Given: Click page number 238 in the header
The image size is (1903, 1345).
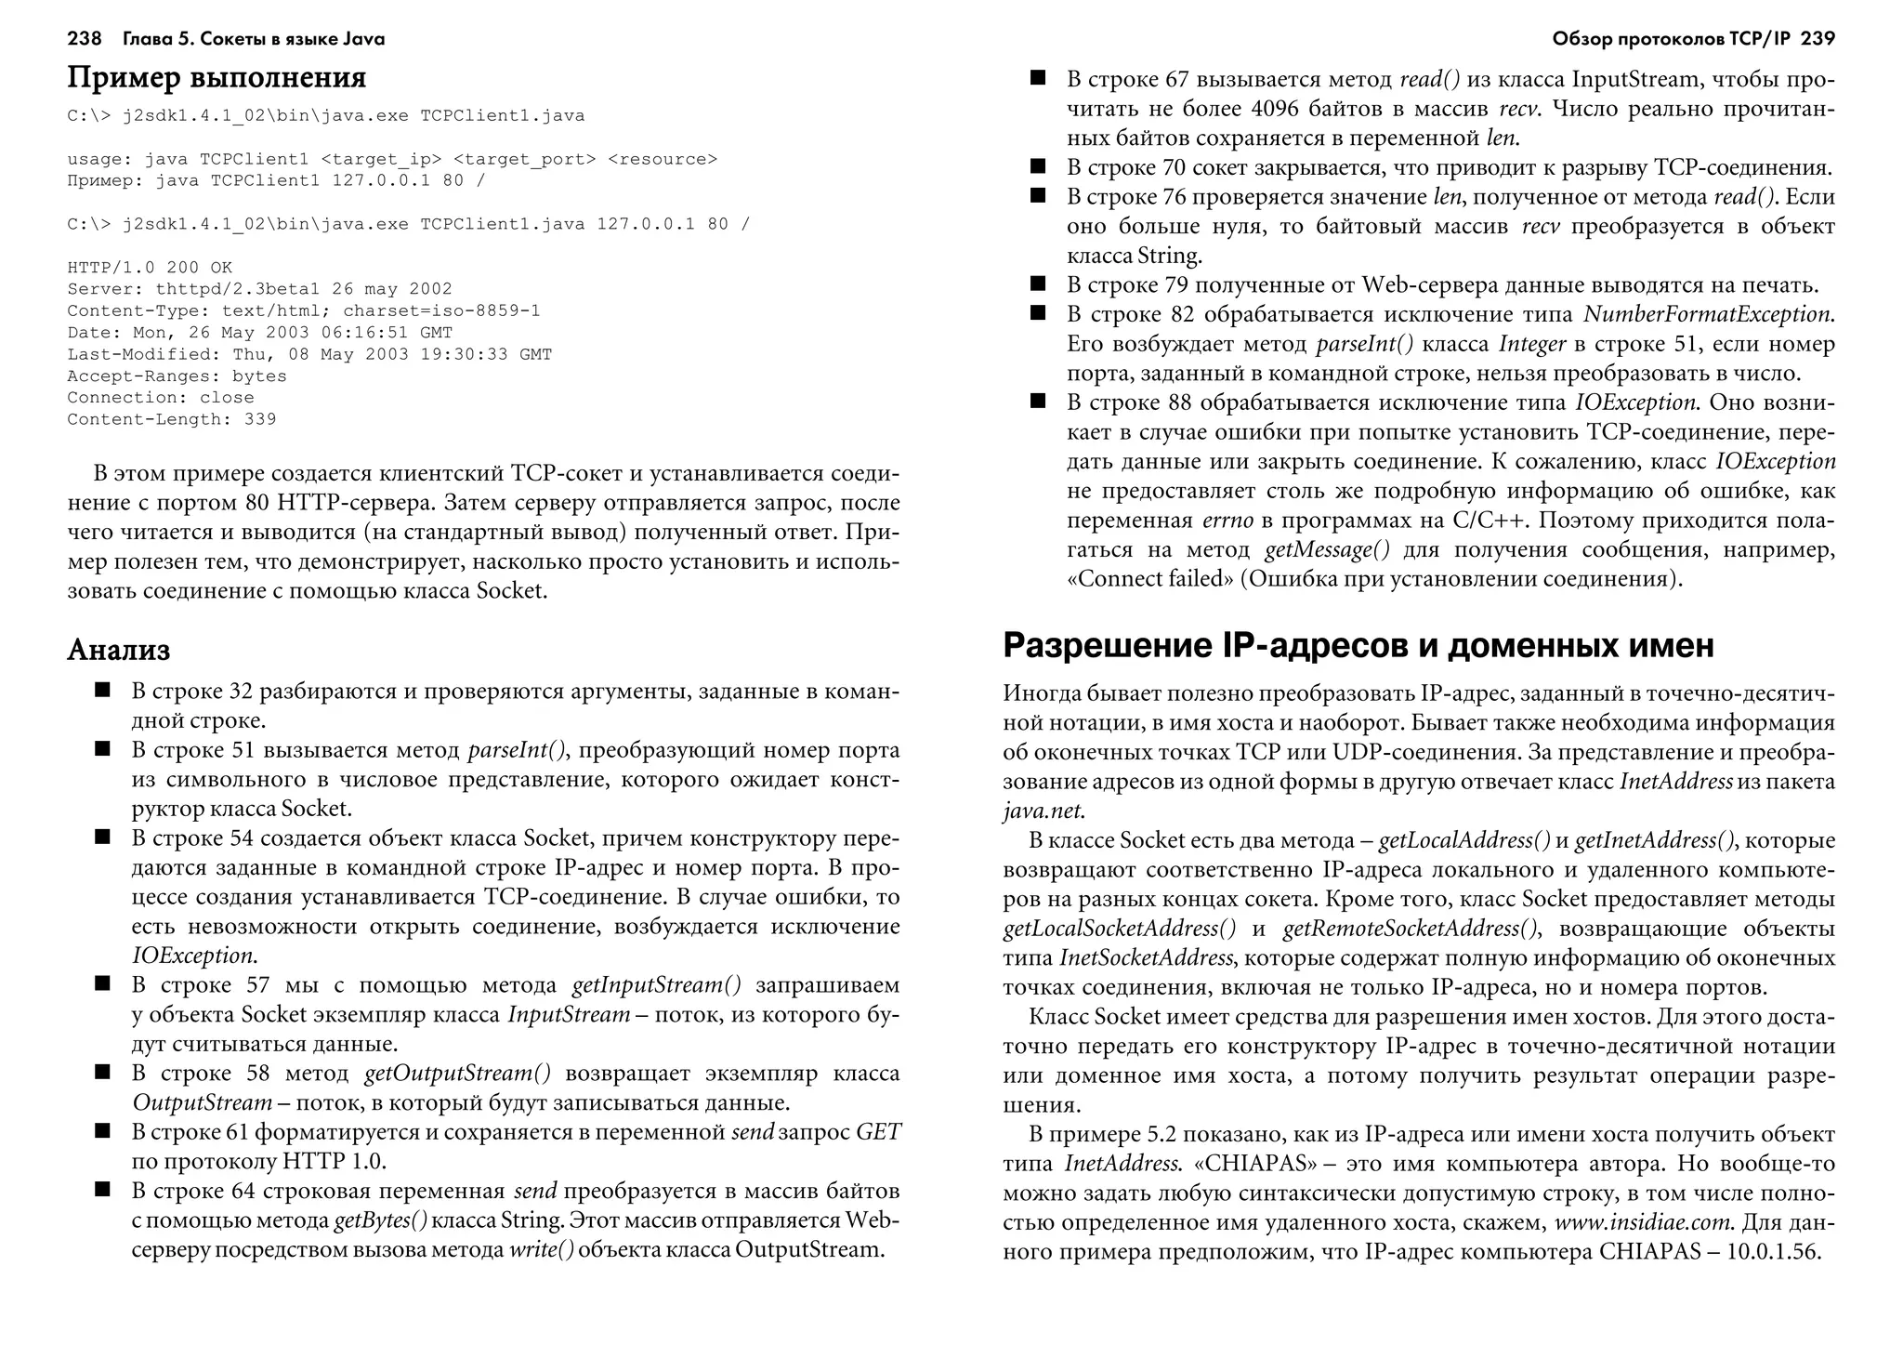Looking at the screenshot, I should point(84,39).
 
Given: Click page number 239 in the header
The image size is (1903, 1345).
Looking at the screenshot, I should point(1817,39).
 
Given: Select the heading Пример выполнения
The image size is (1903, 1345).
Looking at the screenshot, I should point(217,77).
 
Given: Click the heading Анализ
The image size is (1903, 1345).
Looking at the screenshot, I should point(118,649).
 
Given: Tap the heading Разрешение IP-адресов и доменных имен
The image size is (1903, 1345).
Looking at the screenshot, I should point(1358,645).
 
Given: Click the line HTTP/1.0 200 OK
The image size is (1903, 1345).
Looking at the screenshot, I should point(150,268).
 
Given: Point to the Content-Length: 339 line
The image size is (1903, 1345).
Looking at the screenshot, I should point(171,419).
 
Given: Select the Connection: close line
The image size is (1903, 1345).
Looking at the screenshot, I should point(160,398).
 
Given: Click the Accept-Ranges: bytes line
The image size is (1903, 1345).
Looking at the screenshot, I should point(177,376).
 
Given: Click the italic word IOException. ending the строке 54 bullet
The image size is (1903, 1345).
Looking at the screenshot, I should point(193,956).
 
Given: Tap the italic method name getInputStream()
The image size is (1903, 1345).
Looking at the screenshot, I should point(656,985).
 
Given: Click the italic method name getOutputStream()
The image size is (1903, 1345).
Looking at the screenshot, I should point(457,1074).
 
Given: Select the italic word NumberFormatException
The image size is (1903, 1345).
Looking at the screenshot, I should point(1708,315).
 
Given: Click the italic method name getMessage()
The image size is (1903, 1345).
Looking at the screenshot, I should point(1327,549).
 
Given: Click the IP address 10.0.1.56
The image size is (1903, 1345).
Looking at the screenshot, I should point(1773,1251).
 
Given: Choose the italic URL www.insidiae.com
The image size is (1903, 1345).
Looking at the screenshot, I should point(1643,1222).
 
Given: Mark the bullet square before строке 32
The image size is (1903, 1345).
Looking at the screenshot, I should point(102,691).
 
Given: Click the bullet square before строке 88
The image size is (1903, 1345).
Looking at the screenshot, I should point(1038,402).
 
